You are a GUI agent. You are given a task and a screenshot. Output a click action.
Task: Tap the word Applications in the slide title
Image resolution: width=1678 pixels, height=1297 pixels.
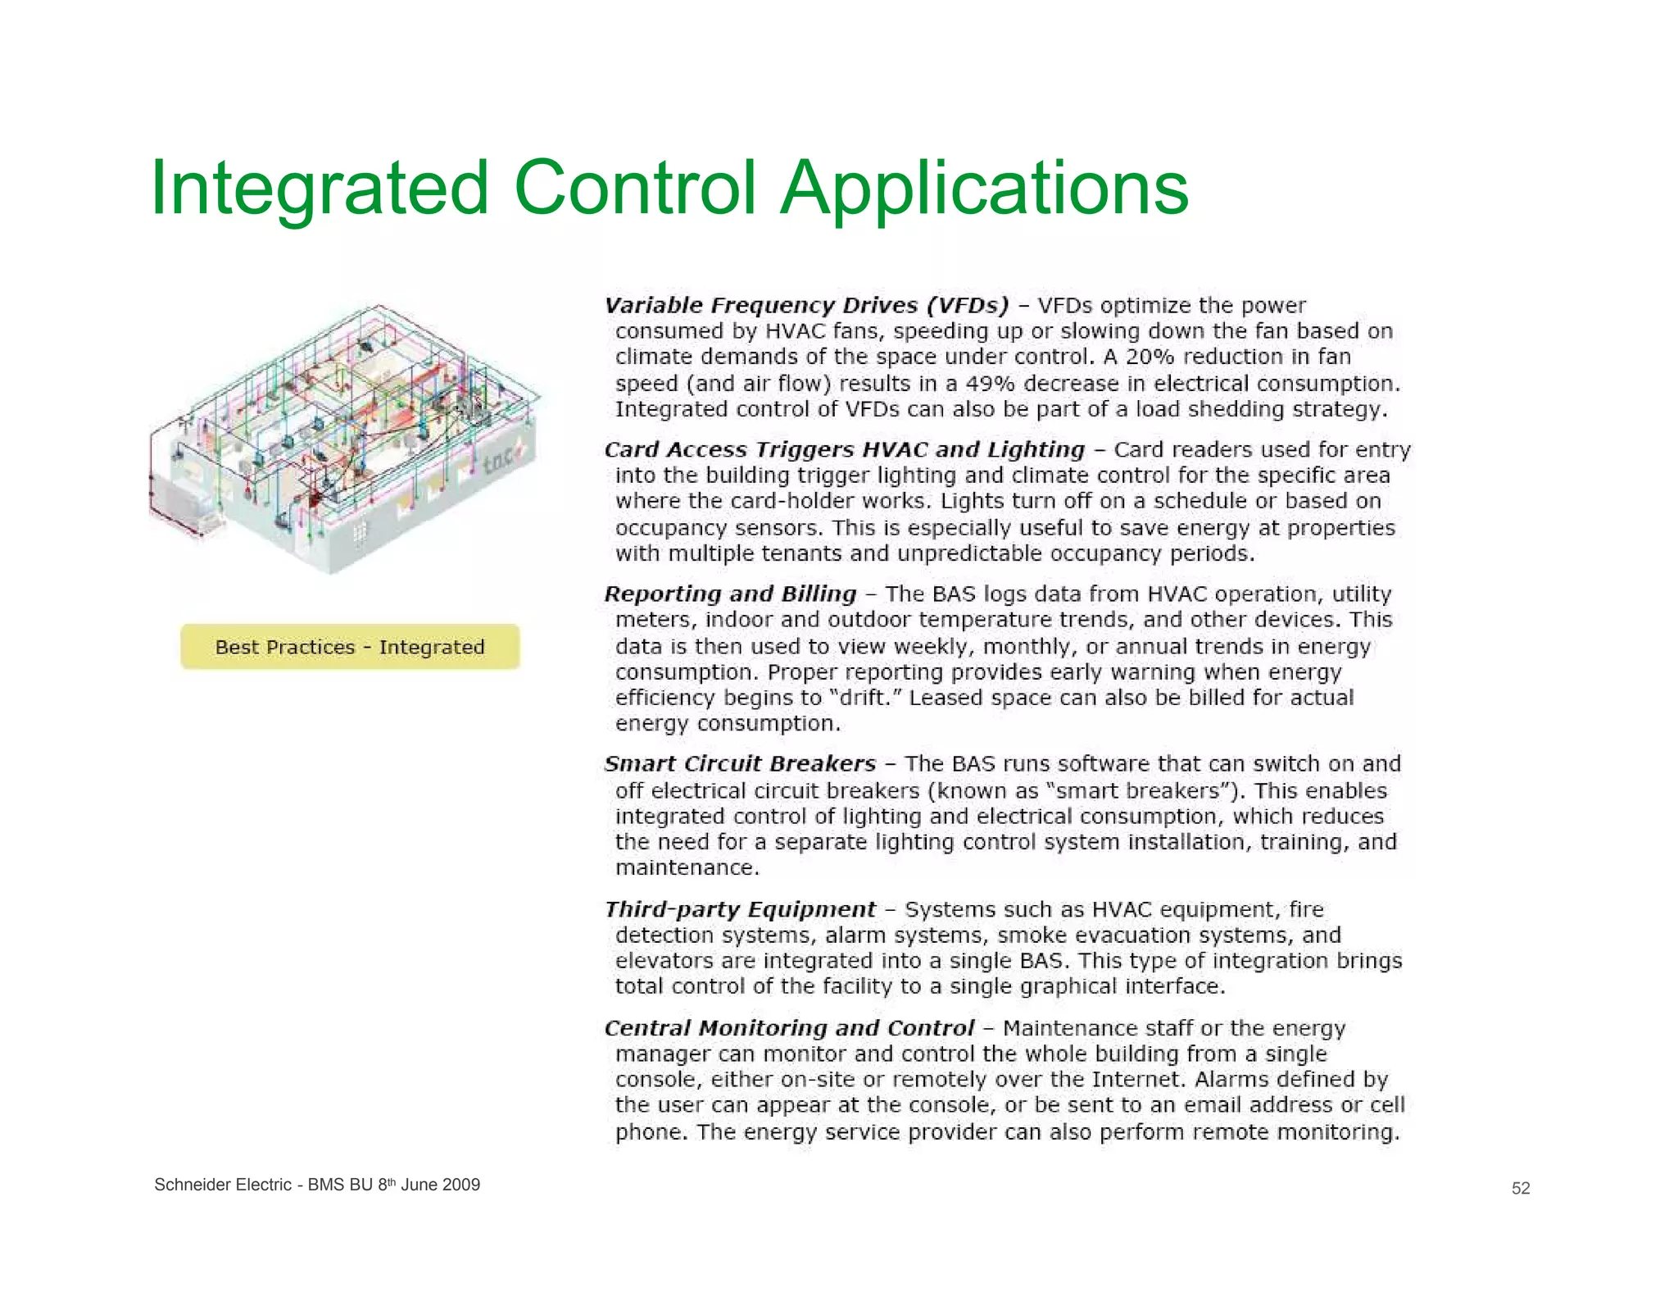pos(984,189)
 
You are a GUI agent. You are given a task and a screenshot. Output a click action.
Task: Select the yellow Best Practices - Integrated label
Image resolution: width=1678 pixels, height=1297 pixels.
pos(350,647)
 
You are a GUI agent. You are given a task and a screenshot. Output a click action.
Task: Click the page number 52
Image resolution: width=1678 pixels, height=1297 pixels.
pos(1521,1189)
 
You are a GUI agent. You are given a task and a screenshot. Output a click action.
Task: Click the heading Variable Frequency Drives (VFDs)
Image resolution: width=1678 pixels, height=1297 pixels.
pos(806,306)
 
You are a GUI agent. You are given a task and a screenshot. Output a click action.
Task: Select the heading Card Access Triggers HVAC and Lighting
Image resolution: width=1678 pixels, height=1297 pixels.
pos(844,450)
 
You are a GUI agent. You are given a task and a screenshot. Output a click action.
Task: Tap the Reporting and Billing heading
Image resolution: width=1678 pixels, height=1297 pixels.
pos(730,594)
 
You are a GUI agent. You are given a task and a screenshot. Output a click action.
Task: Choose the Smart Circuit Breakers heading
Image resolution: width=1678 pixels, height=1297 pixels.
pos(740,764)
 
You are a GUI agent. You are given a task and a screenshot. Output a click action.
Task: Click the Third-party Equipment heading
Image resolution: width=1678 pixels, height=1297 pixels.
pos(740,909)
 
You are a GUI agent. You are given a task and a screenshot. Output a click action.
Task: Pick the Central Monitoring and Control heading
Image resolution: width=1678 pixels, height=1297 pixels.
pos(789,1028)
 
